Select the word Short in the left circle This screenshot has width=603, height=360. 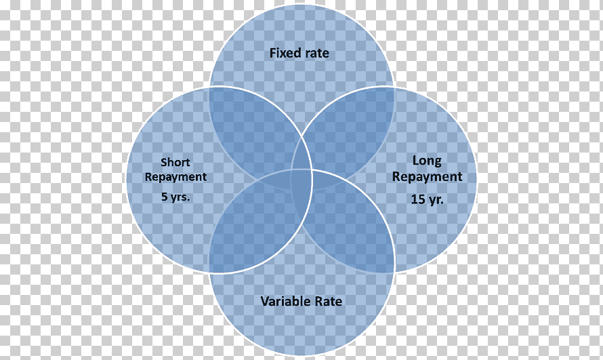(x=175, y=162)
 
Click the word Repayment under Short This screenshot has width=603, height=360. (x=175, y=178)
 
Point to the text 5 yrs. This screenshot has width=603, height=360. (x=175, y=197)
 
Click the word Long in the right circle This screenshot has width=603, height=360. (x=427, y=161)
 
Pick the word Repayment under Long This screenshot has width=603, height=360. (x=427, y=177)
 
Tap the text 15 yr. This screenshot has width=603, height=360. (x=428, y=199)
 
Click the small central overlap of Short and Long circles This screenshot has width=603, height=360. (x=302, y=180)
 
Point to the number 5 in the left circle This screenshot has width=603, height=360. (x=165, y=197)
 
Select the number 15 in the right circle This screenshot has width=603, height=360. (x=418, y=199)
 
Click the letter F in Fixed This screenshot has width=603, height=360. (x=272, y=53)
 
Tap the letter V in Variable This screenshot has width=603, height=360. (x=265, y=301)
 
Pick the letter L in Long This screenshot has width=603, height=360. (x=416, y=160)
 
